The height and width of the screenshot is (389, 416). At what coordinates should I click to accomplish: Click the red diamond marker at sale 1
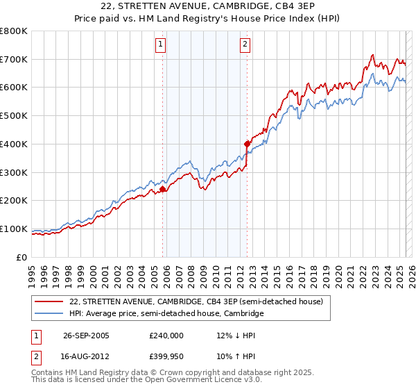(163, 189)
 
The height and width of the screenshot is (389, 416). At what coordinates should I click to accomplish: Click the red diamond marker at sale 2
(247, 144)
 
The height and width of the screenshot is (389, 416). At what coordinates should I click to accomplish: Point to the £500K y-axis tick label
(14, 116)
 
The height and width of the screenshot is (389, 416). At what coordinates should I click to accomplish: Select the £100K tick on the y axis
(14, 229)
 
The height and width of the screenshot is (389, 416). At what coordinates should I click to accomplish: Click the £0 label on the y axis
(22, 257)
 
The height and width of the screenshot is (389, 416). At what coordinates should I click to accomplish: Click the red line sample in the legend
(49, 301)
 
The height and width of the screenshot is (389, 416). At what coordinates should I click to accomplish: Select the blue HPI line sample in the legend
(49, 314)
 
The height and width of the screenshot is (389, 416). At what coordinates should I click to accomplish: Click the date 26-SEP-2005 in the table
(86, 335)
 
